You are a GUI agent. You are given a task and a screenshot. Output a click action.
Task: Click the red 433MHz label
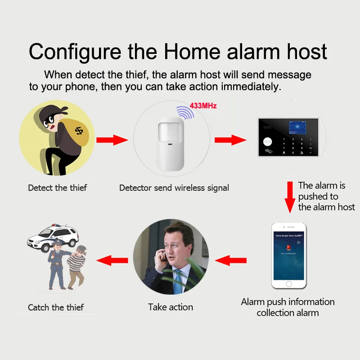click(203, 106)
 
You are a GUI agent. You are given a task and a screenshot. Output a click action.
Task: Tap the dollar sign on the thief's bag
click(79, 131)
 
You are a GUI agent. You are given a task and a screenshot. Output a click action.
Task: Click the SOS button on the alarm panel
click(268, 141)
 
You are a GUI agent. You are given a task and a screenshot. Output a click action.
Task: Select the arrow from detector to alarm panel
click(229, 140)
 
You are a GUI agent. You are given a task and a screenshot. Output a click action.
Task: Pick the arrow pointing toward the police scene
click(112, 260)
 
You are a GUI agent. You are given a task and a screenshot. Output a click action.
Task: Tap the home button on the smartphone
click(288, 284)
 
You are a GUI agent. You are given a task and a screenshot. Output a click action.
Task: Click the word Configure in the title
click(74, 51)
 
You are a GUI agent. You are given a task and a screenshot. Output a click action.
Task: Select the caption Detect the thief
click(58, 188)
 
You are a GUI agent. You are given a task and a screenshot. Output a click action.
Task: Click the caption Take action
click(171, 307)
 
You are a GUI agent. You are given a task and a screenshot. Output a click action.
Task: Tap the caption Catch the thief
click(56, 308)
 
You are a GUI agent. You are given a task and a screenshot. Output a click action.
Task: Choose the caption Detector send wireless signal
click(174, 188)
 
